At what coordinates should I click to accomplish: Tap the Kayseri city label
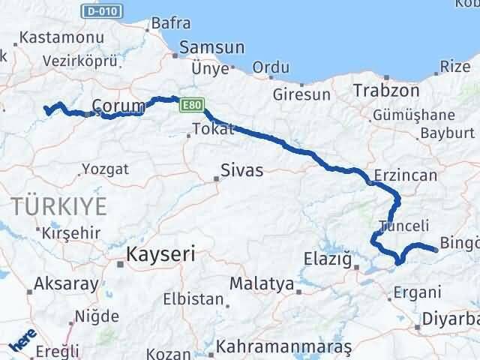[162, 253]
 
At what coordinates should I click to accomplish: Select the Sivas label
[241, 170]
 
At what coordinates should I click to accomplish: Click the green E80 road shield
[190, 108]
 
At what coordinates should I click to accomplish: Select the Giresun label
[301, 95]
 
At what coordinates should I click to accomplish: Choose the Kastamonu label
[52, 37]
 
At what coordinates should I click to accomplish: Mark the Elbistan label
[193, 299]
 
